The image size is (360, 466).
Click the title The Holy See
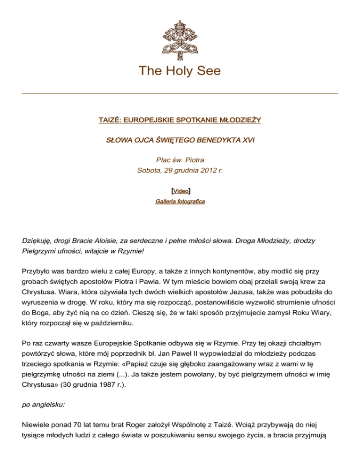pos(180,71)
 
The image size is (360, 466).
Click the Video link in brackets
pos(180,191)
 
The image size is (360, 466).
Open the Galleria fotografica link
pos(180,201)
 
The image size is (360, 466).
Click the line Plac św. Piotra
pos(180,160)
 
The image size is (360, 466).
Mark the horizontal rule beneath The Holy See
pos(180,93)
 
